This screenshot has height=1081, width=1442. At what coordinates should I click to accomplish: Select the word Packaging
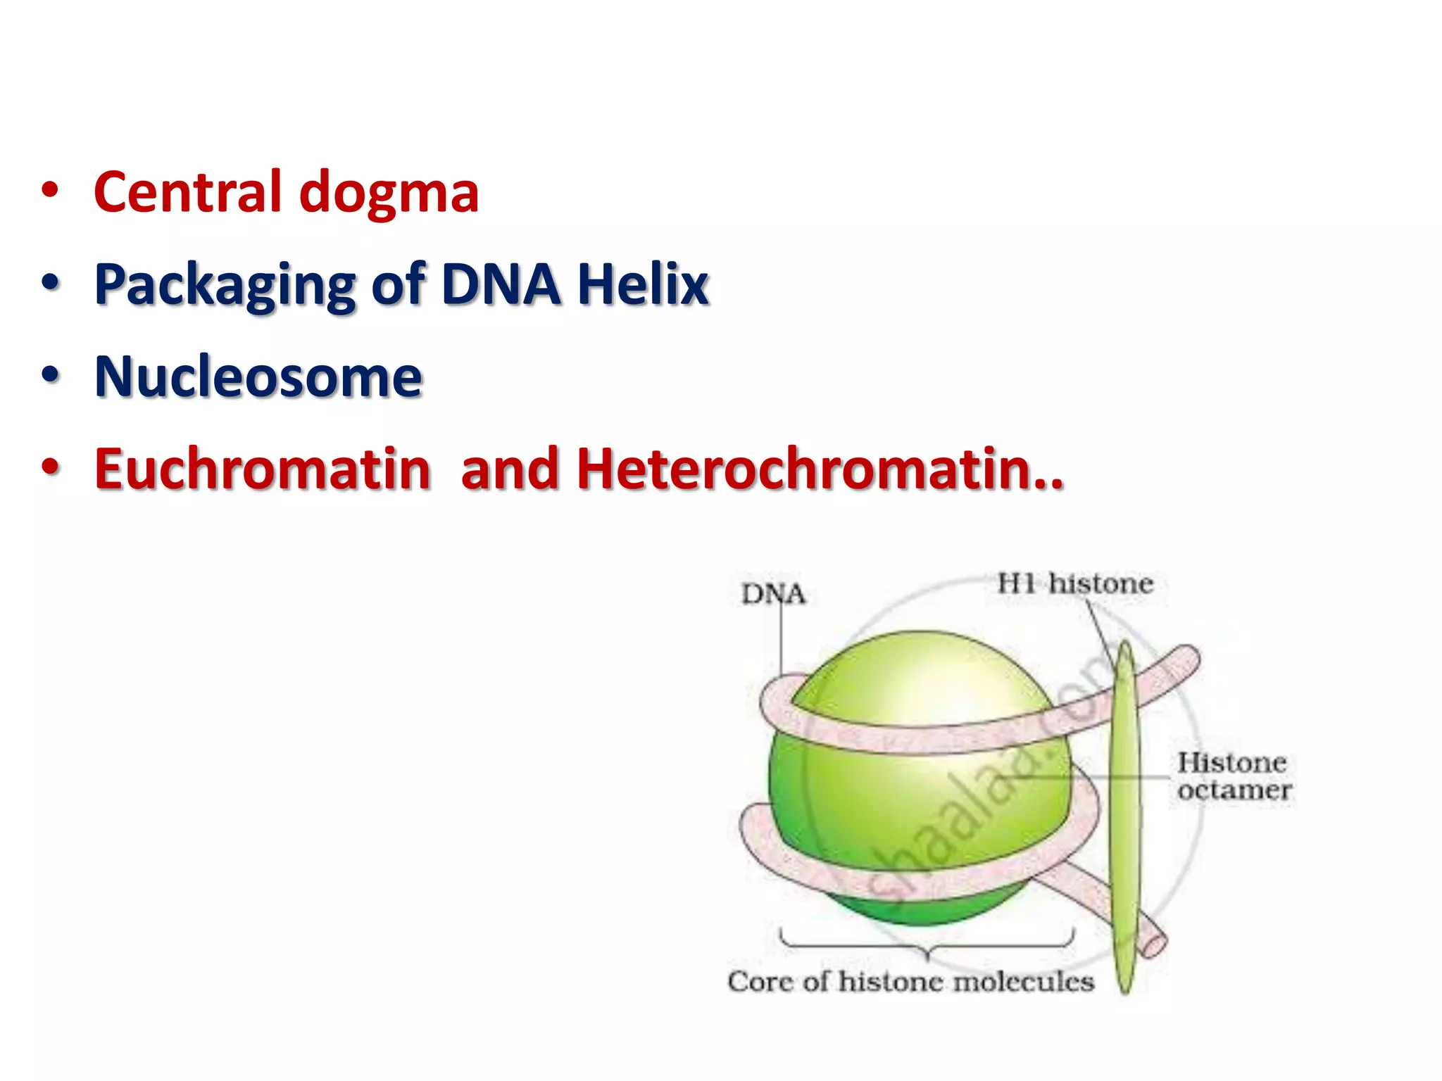click(x=225, y=285)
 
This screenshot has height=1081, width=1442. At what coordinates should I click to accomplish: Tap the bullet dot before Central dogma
click(x=50, y=191)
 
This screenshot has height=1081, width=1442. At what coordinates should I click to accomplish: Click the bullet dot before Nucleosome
click(x=50, y=375)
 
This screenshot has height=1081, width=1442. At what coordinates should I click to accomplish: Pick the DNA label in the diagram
click(x=772, y=595)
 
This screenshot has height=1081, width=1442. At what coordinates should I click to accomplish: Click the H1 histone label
click(x=1075, y=583)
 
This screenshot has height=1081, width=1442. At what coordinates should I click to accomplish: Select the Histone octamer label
click(x=1234, y=776)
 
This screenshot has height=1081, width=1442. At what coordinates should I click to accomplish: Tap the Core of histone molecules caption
click(x=910, y=981)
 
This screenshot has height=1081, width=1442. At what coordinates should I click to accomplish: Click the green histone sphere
click(x=915, y=795)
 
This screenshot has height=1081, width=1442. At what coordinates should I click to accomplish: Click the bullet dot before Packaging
click(x=50, y=283)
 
